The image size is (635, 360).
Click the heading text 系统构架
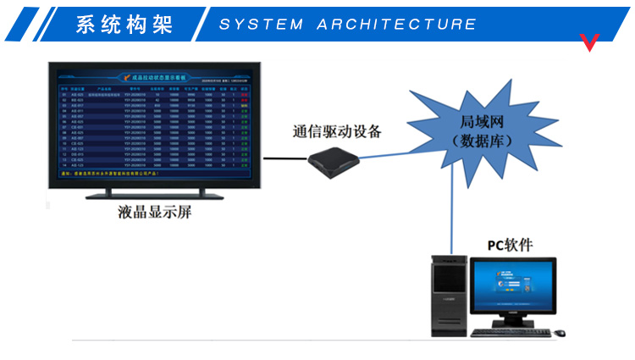pos(124,24)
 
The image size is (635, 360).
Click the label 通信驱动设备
pos(336,131)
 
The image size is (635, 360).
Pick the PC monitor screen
pos(512,288)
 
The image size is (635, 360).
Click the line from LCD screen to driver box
pos(284,158)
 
